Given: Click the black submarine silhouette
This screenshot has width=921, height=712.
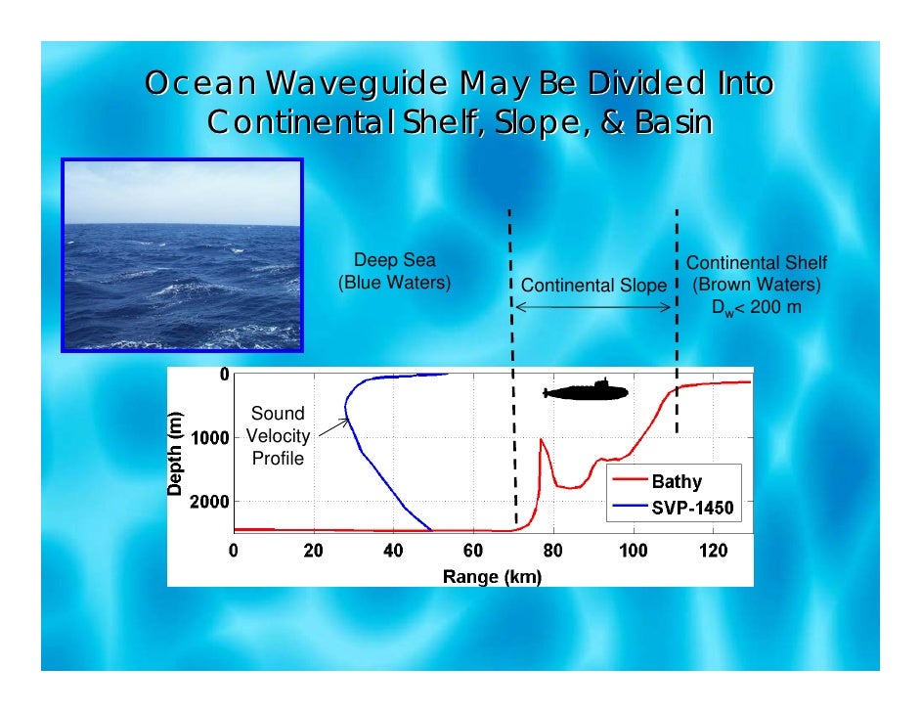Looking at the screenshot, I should (x=586, y=391).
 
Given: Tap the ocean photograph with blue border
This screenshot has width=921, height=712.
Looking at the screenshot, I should (x=183, y=255).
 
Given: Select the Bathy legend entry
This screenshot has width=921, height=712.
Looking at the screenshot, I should (x=676, y=481).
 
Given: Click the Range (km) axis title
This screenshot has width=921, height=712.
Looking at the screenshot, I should (x=492, y=576).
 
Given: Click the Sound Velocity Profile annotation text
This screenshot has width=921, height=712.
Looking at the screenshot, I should (x=278, y=435).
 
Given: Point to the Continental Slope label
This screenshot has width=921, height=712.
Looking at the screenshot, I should (x=593, y=287).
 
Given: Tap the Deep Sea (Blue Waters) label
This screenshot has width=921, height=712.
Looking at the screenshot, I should (x=394, y=272).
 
